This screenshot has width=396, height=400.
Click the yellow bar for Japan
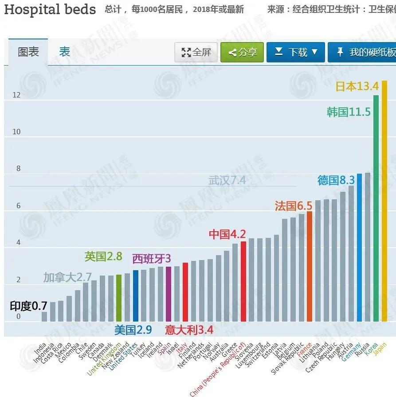click(x=384, y=199)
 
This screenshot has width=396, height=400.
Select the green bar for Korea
click(x=376, y=208)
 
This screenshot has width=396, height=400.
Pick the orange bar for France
click(x=310, y=266)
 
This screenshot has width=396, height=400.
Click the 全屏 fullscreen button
click(x=196, y=52)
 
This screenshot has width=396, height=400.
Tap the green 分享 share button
click(x=242, y=52)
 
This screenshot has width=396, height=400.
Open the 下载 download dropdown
click(x=296, y=52)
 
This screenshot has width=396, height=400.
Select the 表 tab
click(x=65, y=52)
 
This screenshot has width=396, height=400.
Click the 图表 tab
click(x=28, y=52)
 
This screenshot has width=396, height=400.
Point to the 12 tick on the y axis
click(x=16, y=95)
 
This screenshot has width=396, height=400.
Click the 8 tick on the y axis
click(x=18, y=168)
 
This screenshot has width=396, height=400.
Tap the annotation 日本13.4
click(x=357, y=86)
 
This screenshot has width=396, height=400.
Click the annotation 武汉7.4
click(x=227, y=180)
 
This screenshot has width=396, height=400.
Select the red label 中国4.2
click(x=227, y=234)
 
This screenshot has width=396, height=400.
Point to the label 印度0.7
click(x=28, y=306)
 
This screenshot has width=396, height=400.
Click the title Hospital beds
click(x=50, y=9)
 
